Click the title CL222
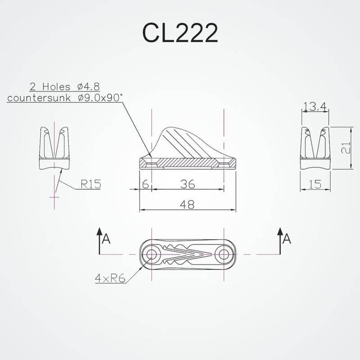click(180, 33)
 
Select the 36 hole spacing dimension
click(187, 183)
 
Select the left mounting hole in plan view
click(152, 255)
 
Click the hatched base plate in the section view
click(188, 163)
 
